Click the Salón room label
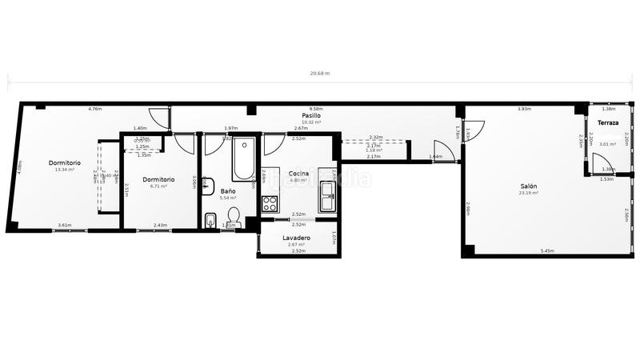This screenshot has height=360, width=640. [527, 186]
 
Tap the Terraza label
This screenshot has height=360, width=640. [608, 122]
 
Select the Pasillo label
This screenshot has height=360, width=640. [311, 115]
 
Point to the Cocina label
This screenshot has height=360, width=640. [299, 174]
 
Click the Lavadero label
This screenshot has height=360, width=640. [297, 238]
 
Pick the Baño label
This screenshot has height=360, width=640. [228, 191]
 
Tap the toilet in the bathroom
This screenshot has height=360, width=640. [234, 217]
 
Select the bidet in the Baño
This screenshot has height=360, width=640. [210, 221]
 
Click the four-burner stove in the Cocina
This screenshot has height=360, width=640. [270, 202]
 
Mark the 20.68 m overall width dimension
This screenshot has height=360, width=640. [320, 73]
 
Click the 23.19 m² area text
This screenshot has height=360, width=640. [527, 194]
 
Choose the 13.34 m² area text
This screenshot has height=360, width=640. [64, 170]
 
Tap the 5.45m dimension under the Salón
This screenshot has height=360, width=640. [547, 251]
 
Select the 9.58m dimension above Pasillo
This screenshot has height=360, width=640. [316, 109]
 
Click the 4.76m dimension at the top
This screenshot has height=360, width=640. [94, 109]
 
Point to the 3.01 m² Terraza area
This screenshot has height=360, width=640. [608, 144]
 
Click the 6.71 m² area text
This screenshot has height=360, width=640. [158, 186]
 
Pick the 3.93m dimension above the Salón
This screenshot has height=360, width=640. [524, 109]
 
